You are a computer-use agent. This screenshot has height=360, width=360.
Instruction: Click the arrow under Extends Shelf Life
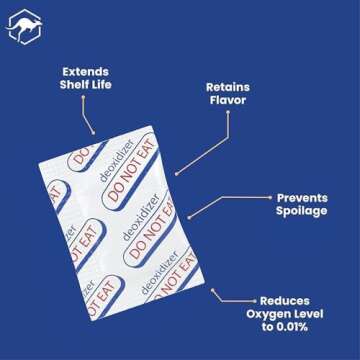coord(89,119)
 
